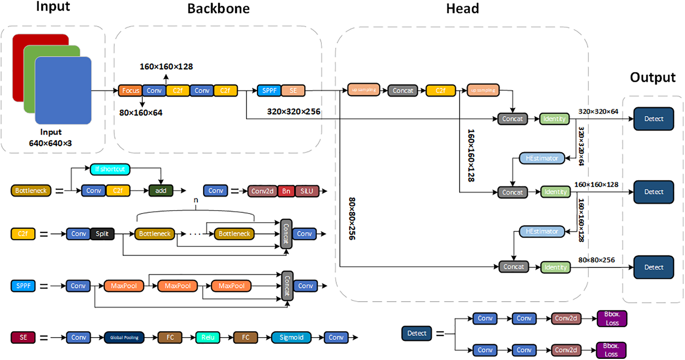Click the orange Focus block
(130, 91)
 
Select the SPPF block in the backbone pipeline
(269, 91)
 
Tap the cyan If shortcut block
(110, 169)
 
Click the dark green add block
(161, 191)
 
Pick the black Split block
(102, 234)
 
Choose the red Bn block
(286, 191)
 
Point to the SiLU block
(307, 191)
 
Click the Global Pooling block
(124, 337)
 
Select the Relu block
(208, 337)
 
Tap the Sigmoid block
(291, 337)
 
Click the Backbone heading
(218, 9)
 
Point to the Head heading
(462, 9)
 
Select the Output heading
(653, 77)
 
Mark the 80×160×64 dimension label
(141, 113)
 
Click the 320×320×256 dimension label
(294, 112)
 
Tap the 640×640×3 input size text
(50, 143)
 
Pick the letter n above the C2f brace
(196, 200)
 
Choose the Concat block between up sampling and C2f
(403, 91)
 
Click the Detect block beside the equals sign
(416, 333)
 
